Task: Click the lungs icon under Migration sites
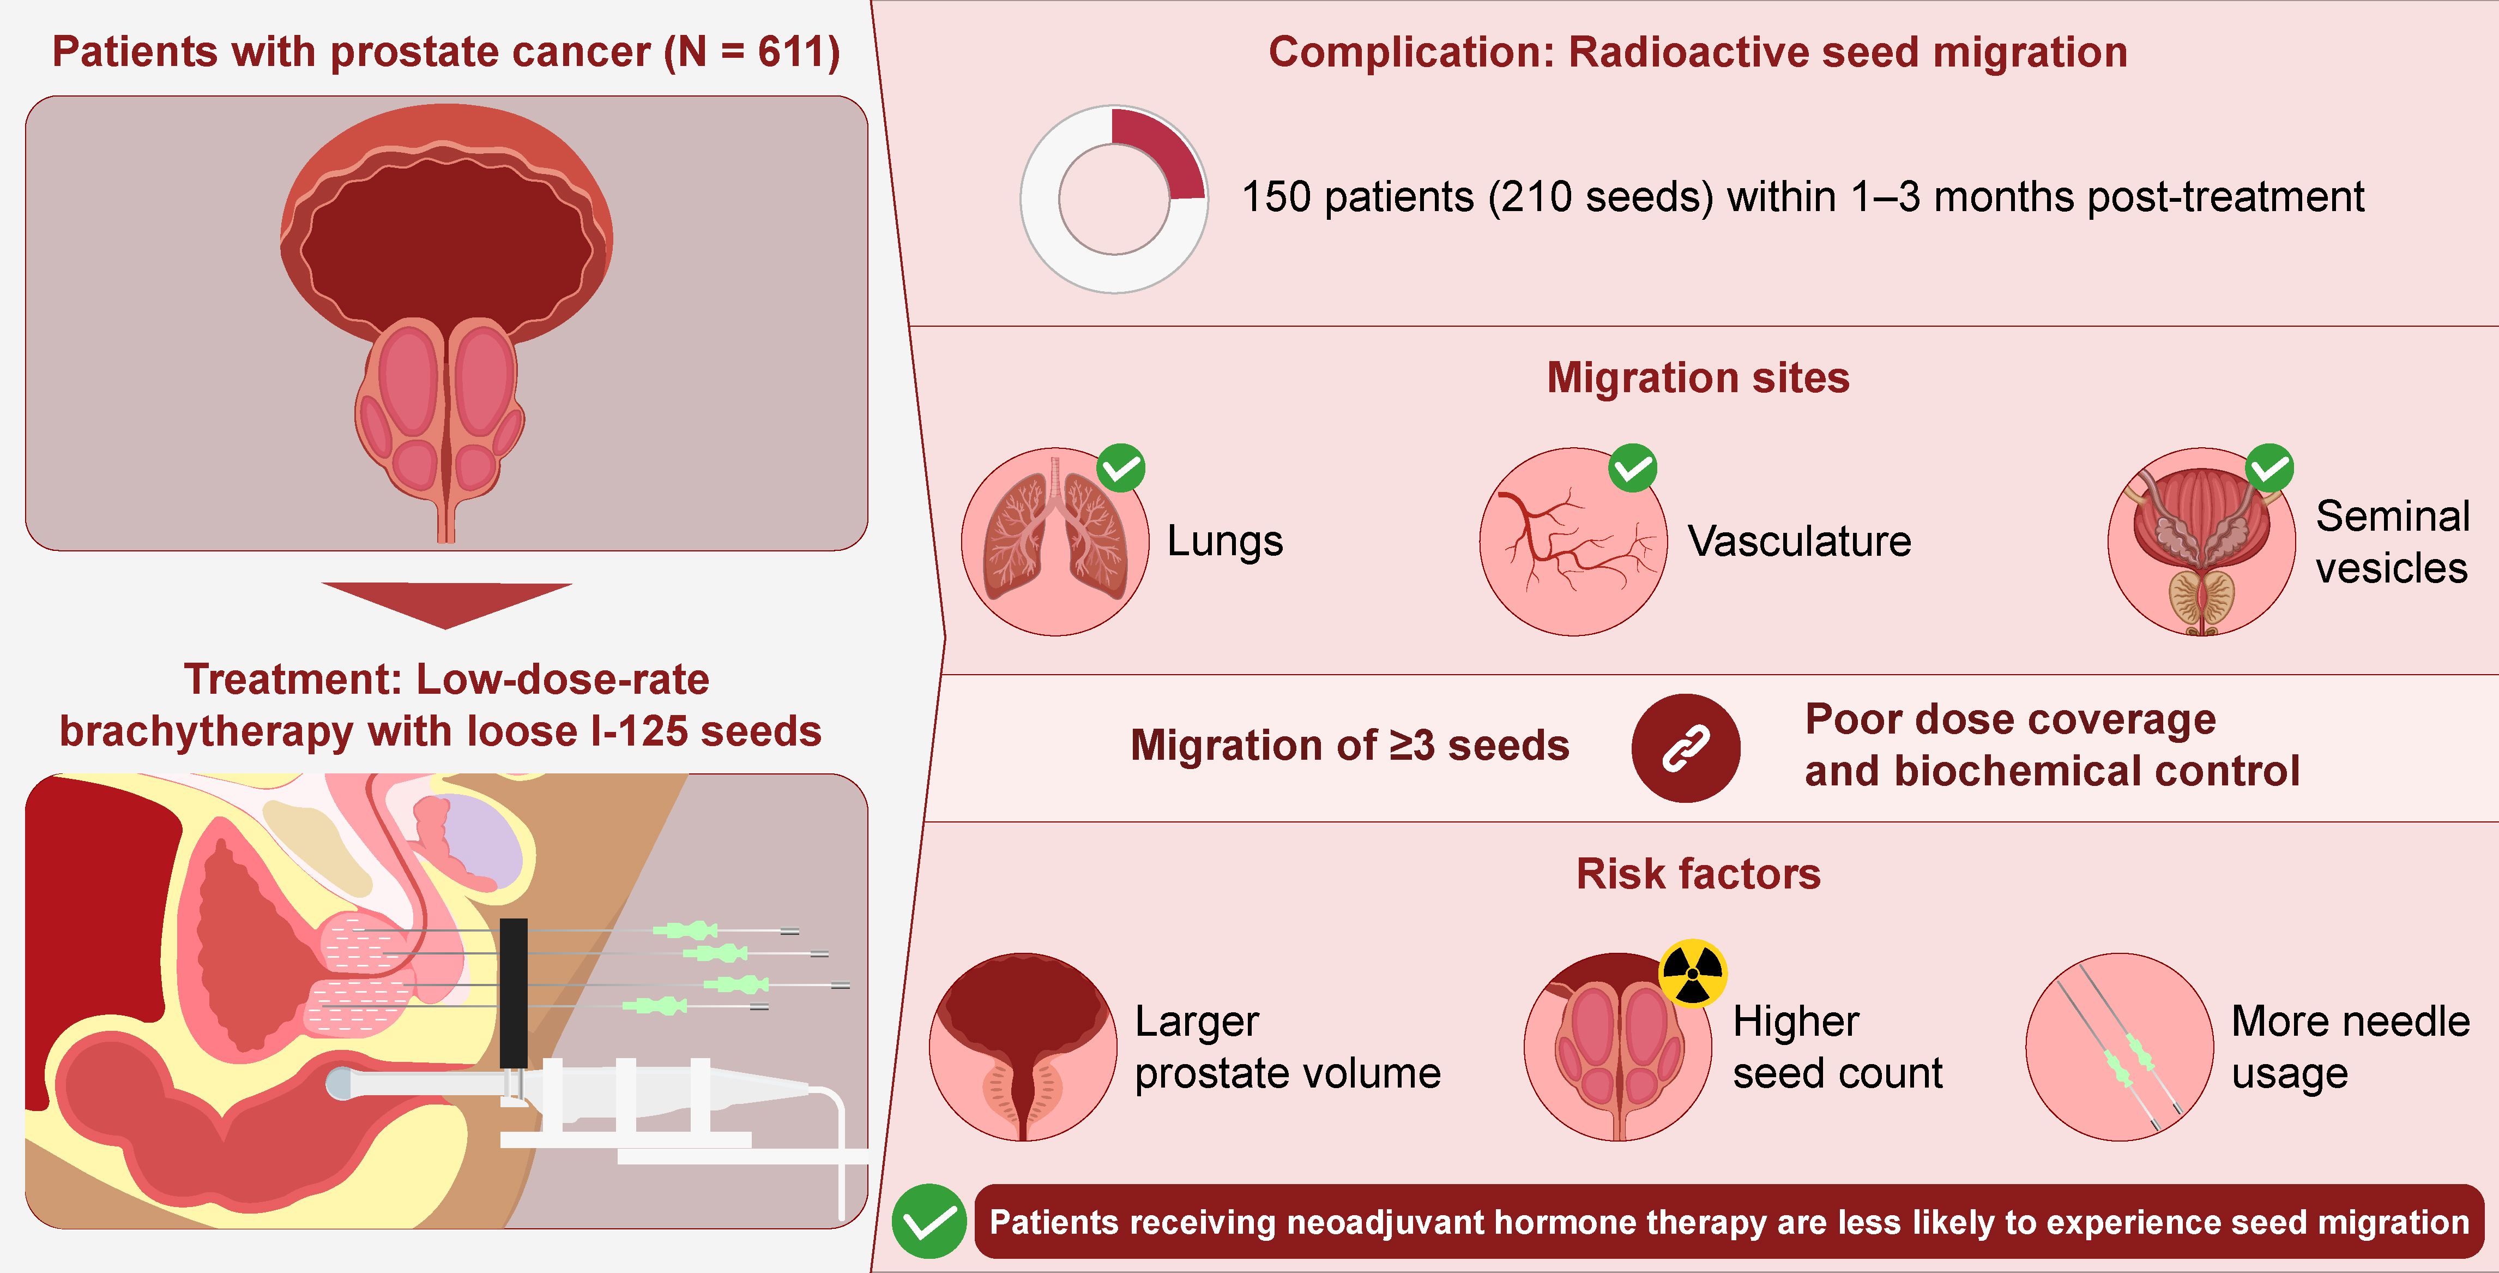(x=1054, y=542)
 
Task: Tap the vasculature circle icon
(x=1573, y=542)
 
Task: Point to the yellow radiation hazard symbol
(x=1692, y=973)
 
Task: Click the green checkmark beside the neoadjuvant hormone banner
(x=928, y=1222)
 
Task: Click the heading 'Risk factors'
(x=1698, y=874)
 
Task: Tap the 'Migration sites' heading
(x=1698, y=377)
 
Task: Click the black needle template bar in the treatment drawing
(x=513, y=992)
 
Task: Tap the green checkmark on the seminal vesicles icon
(x=2270, y=469)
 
